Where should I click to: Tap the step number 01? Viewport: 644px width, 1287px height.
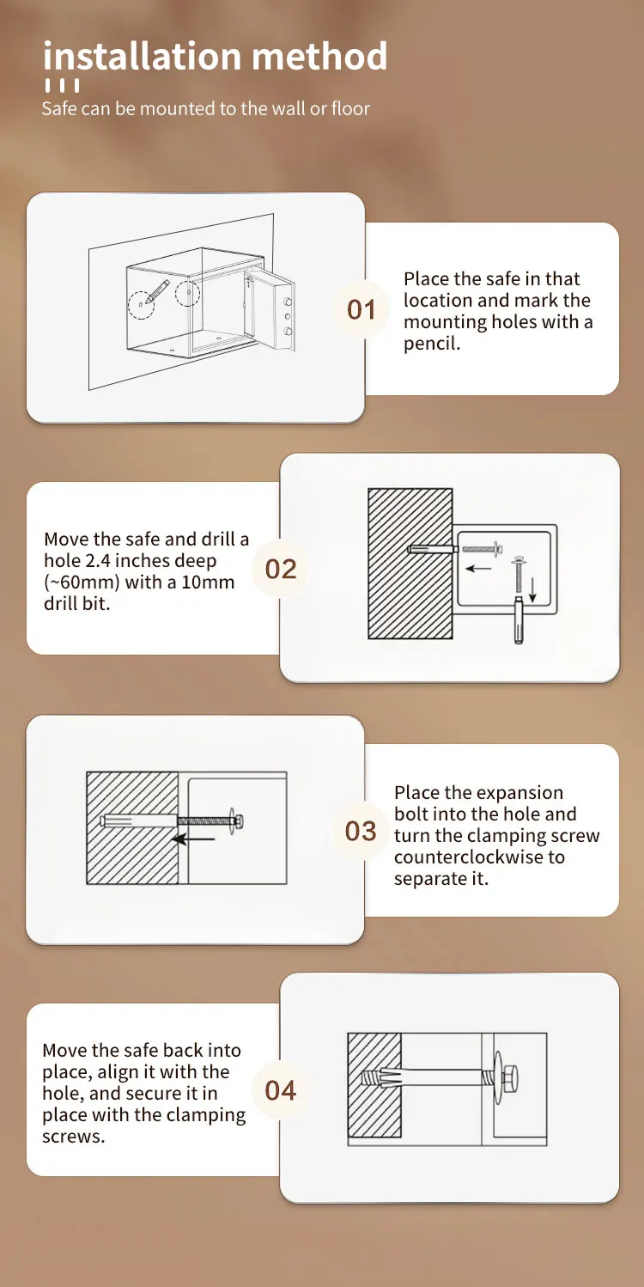pos(361,309)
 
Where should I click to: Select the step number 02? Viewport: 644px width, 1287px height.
pos(281,569)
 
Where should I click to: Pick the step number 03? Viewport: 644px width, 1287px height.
pos(361,831)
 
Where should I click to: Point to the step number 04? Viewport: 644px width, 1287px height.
pos(281,1090)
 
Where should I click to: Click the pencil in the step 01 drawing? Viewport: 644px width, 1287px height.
pos(157,290)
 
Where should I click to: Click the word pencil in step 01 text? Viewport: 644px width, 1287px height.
pos(432,344)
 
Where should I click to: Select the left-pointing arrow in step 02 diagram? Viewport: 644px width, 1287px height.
pos(479,568)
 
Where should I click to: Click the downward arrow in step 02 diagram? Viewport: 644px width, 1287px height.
pos(532,589)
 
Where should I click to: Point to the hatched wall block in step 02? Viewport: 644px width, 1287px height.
pos(410,564)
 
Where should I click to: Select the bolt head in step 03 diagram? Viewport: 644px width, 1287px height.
pos(237,821)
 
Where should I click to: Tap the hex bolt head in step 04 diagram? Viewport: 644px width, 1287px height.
pos(508,1079)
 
